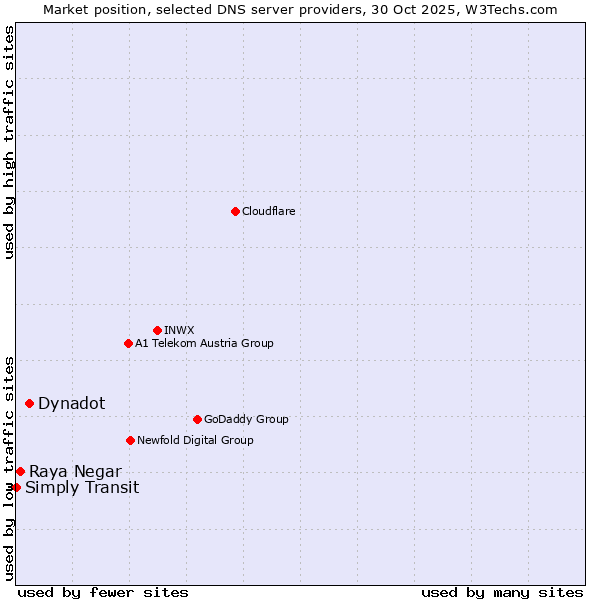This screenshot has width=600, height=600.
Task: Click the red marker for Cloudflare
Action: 235,211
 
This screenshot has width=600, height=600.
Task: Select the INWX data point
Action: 157,330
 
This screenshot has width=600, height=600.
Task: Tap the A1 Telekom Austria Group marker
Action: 128,343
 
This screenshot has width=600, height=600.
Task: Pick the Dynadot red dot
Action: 29,403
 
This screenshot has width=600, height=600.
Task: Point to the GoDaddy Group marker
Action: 197,419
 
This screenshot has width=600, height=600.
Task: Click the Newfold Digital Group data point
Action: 130,440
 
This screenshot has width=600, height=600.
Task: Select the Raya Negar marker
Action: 20,471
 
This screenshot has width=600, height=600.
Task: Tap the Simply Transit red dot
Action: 16,487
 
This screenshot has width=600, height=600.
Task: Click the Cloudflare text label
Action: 269,211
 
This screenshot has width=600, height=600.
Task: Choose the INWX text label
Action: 179,330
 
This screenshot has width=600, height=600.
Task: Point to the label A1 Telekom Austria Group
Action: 204,343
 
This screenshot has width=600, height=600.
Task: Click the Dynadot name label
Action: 71,403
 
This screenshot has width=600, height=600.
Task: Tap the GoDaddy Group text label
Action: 246,419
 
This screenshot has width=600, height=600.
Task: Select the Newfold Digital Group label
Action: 195,440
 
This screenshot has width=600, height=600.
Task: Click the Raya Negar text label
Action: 75,471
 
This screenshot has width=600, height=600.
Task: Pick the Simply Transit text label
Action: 82,487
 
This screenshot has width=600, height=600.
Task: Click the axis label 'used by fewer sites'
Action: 103,592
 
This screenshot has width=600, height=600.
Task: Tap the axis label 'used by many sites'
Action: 502,592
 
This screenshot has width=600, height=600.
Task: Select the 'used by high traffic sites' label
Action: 9,142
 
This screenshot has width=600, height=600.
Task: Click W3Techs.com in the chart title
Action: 508,9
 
